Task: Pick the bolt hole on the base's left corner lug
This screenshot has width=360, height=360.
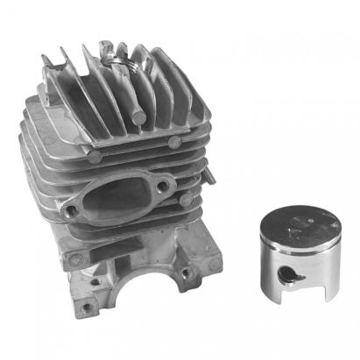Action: [x=74, y=258]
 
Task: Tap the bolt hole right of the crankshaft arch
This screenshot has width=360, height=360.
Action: [x=185, y=273]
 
